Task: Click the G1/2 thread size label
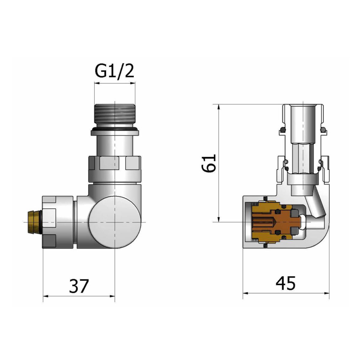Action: click(114, 72)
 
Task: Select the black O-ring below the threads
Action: click(114, 129)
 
